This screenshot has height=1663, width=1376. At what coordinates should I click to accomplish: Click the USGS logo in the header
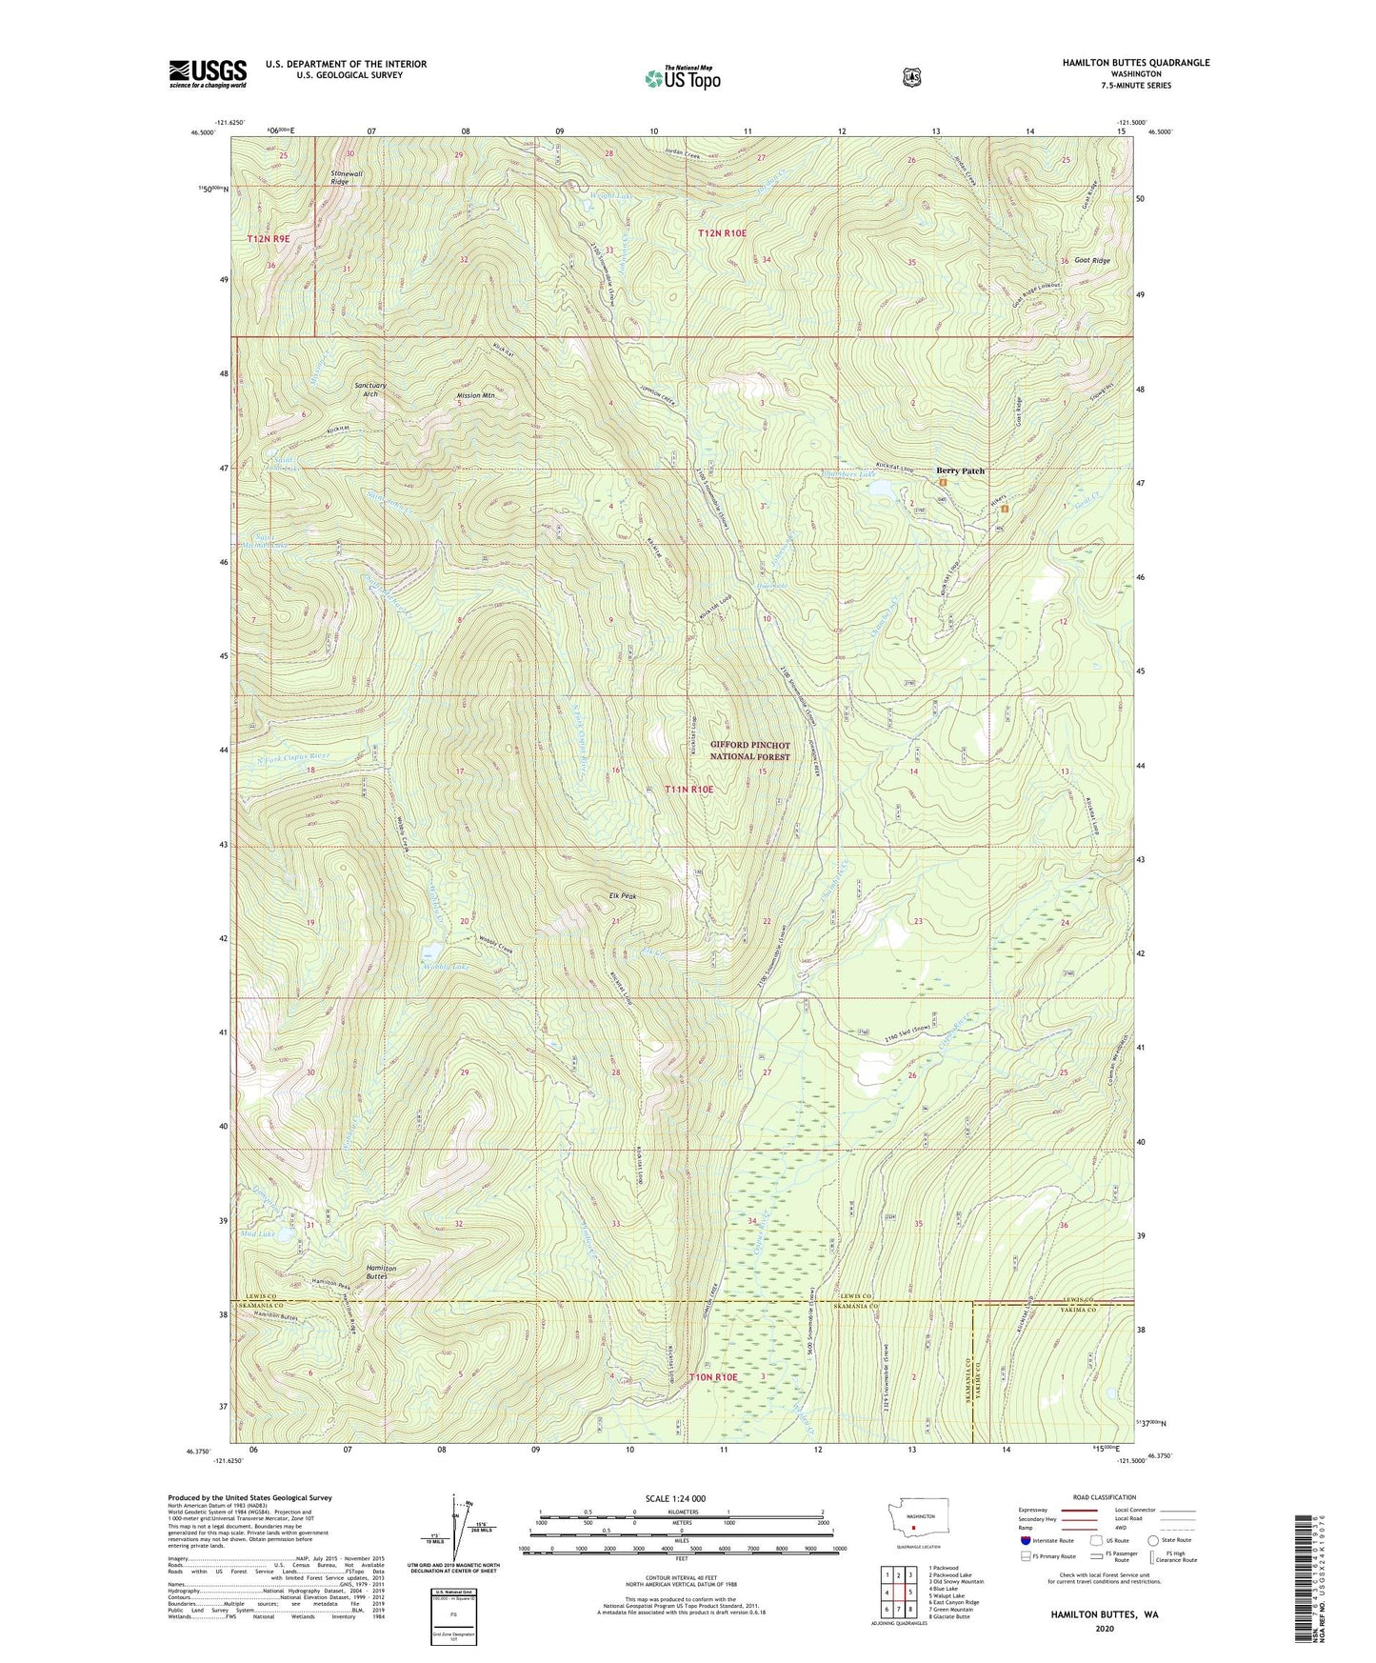click(208, 73)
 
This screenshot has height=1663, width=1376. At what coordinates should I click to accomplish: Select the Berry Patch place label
click(959, 471)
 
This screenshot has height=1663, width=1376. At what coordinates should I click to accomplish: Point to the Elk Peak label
click(623, 896)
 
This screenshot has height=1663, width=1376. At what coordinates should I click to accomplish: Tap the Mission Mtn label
click(475, 395)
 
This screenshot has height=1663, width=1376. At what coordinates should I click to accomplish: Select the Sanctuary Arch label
click(371, 390)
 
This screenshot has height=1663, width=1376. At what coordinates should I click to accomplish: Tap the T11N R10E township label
click(688, 790)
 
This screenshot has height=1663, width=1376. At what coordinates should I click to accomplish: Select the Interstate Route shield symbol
click(1025, 1539)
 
